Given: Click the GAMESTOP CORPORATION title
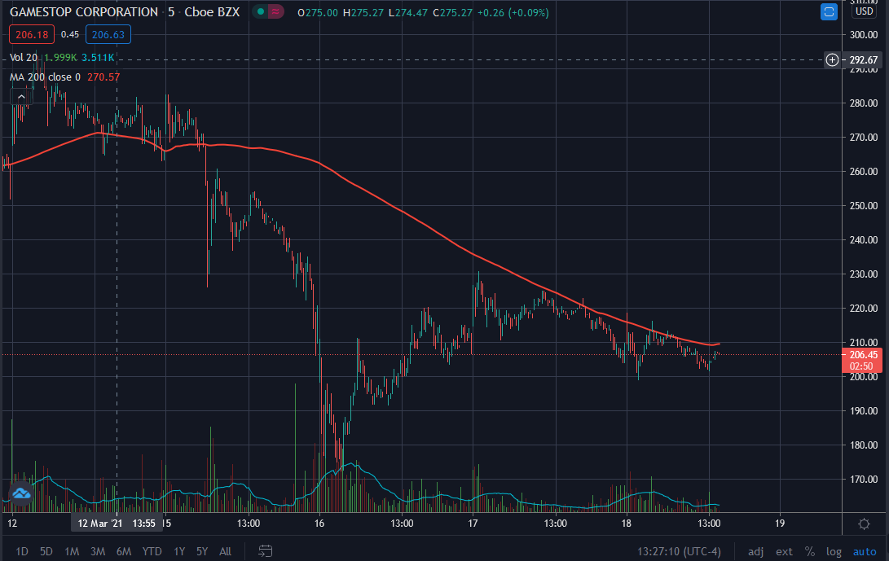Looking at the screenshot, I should (84, 12).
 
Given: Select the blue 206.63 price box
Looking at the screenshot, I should (108, 34).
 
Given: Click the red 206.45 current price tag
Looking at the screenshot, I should (863, 355).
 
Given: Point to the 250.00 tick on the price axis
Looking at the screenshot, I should (863, 206).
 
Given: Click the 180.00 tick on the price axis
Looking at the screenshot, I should (863, 445).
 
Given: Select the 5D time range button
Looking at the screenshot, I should (46, 551).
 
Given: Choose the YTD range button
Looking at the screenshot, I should (152, 551).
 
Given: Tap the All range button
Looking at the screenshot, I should (226, 551).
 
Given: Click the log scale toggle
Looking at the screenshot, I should (834, 551).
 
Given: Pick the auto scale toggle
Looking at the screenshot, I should (865, 551).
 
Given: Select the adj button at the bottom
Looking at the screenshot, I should (755, 551).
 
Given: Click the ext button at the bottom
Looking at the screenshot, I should (784, 551).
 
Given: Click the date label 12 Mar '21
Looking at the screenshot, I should (99, 524).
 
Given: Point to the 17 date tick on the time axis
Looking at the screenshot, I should (473, 524).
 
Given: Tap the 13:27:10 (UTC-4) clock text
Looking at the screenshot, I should (679, 551).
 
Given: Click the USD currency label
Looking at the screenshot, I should (864, 11).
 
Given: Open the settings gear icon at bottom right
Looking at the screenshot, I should (864, 524).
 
